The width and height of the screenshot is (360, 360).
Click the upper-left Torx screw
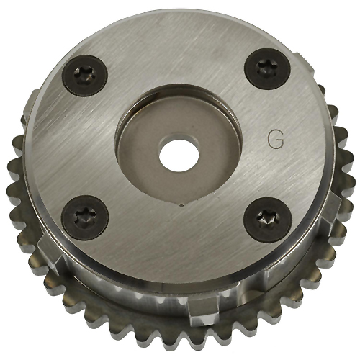point(85,76)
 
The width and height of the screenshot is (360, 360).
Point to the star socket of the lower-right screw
point(267,219)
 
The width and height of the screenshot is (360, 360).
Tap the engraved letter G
point(276,142)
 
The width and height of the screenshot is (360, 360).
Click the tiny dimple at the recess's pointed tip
point(181,204)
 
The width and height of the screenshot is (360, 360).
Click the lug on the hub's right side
point(333,208)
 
